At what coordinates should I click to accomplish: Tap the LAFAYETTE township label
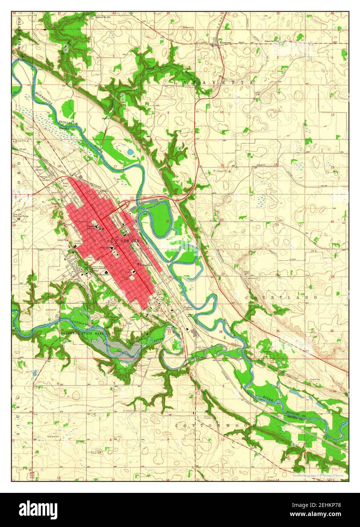(x=213, y=82)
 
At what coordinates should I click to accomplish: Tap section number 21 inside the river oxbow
(x=167, y=220)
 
